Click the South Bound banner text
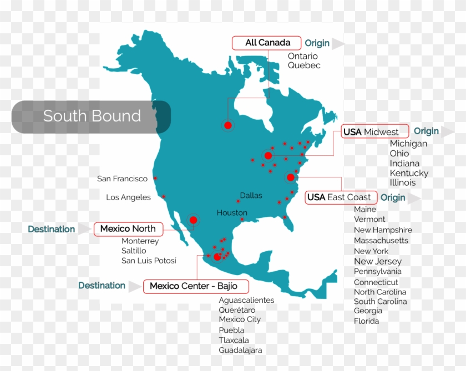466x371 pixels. tap(92, 116)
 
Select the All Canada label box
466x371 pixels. tap(267, 43)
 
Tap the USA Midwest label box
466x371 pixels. tap(374, 131)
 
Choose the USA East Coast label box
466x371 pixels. tap(341, 197)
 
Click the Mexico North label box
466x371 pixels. tap(128, 228)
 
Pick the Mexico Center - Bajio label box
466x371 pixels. tap(196, 286)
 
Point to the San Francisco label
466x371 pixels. tap(122, 179)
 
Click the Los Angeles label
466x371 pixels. tap(128, 197)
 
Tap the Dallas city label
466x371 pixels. tap(251, 195)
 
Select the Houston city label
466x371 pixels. tap(232, 212)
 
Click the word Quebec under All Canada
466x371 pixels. tap(304, 65)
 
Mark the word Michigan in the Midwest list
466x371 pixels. tap(408, 144)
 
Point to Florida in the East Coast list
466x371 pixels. tap(367, 321)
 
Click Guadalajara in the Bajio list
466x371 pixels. tap(240, 350)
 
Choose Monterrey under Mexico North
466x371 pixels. tap(140, 241)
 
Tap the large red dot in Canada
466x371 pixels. tap(227, 125)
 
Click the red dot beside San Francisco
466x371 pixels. tap(155, 178)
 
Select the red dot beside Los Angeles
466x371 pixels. tap(164, 196)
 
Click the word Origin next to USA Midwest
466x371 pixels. tap(426, 131)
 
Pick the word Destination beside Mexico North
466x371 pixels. tap(52, 229)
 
